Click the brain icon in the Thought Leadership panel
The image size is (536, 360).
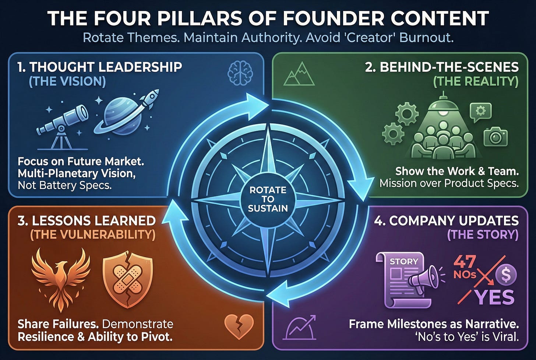pos(240,73)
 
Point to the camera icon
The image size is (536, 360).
pos(496,137)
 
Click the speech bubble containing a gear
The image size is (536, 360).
pos(481,112)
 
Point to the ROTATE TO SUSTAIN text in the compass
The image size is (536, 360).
pos(268,199)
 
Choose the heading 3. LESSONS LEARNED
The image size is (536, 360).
pos(87,220)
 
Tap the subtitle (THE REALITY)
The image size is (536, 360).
pos(476,81)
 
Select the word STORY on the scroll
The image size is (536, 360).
pos(403,261)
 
